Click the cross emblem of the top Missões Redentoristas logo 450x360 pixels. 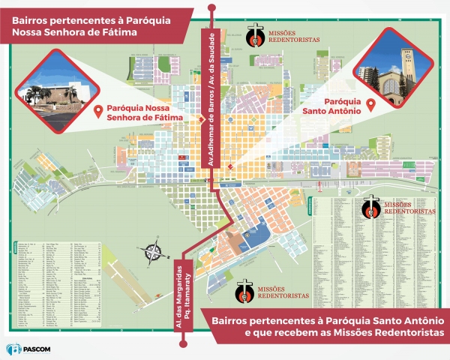click(x=256, y=35)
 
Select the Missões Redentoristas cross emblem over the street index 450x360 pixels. click(x=370, y=206)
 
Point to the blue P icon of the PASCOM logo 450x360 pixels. click(x=10, y=349)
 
